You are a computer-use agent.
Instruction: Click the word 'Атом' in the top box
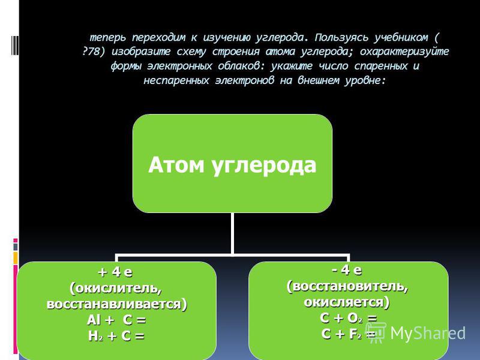pos(176,165)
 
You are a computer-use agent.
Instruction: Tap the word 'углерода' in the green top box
pos(264,167)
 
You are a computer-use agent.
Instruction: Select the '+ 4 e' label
pos(115,272)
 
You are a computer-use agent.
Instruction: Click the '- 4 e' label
pos(347,270)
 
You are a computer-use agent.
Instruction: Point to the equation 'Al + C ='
pos(116,320)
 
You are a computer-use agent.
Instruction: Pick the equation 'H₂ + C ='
pos(116,336)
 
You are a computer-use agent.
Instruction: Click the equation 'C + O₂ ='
pos(349,319)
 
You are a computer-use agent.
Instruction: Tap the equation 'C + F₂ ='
pos(349,334)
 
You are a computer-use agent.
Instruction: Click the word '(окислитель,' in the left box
pos(116,289)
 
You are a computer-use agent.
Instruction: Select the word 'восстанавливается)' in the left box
pos(116,304)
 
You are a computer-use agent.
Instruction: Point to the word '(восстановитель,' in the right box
pos(347,287)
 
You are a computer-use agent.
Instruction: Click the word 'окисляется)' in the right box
pos(347,302)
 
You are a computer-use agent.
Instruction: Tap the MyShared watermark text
pos(428,333)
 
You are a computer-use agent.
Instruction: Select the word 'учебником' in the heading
pos(401,37)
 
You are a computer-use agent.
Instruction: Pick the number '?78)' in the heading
pos(94,52)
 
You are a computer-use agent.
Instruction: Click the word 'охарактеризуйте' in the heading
pos(404,52)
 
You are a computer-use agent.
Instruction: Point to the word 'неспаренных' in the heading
pos(176,80)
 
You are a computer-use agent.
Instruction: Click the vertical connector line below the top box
pos(233,233)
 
